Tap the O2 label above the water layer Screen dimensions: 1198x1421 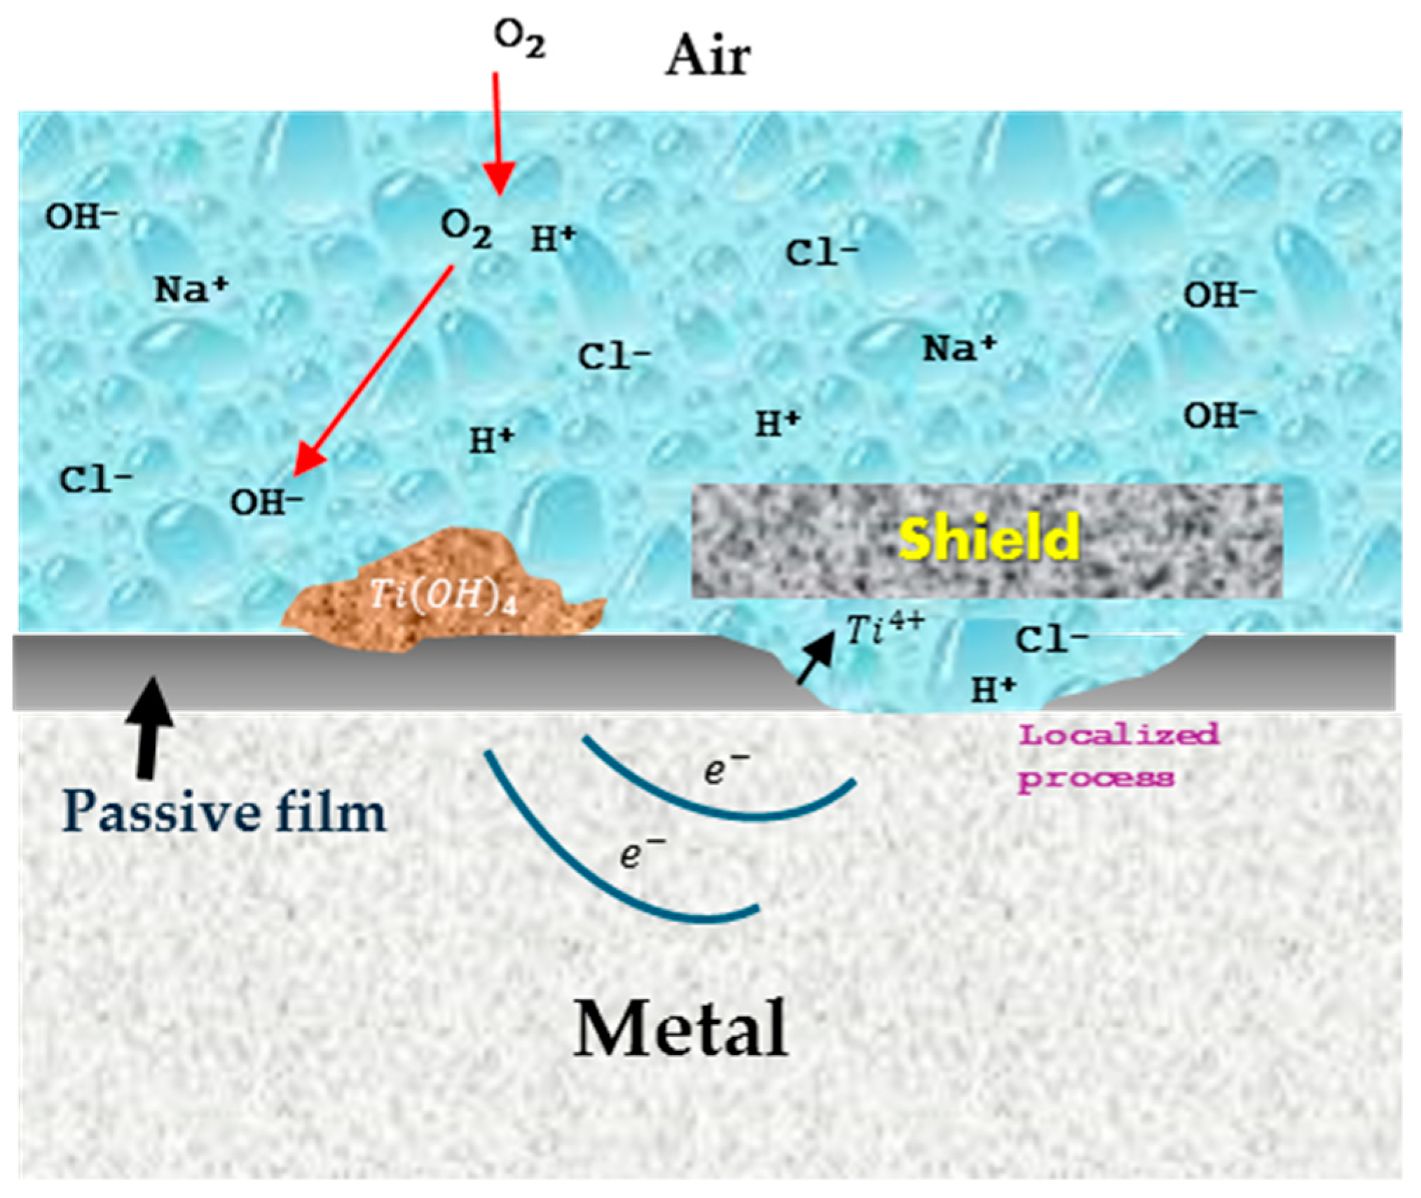coord(519,39)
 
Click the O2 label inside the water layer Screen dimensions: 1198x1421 coord(466,228)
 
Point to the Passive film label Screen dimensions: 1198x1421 coord(224,813)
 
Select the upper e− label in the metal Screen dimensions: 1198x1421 coord(725,769)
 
